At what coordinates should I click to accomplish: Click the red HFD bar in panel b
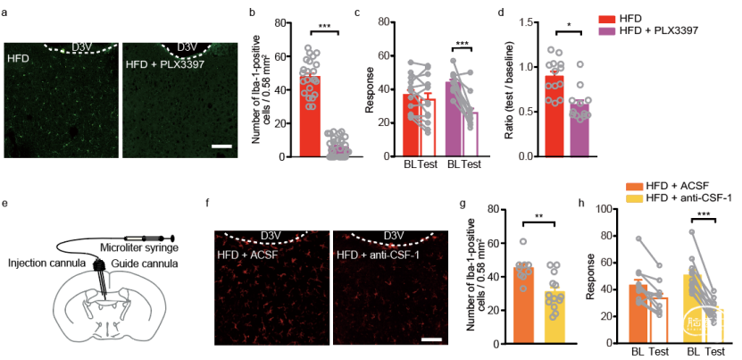pyautogui.click(x=311, y=116)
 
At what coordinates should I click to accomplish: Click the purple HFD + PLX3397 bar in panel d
pyautogui.click(x=579, y=130)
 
